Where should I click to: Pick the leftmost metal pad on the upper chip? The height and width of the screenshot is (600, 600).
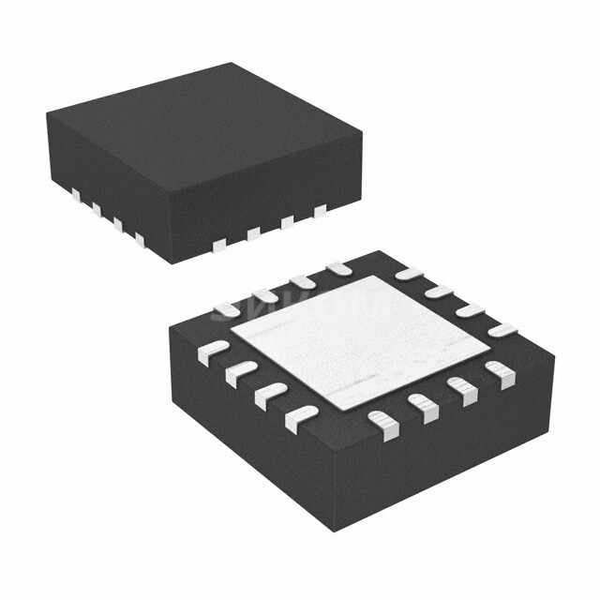coord(75,193)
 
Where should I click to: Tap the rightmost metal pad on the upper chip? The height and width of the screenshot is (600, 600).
coord(320,210)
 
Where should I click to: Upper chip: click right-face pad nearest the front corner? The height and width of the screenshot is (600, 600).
coord(219,245)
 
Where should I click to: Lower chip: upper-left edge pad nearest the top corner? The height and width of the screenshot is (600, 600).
coord(338,269)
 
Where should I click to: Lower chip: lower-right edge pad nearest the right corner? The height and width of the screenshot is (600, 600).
coord(501,375)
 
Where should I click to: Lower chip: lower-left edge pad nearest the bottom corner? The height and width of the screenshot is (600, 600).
coord(299,417)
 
